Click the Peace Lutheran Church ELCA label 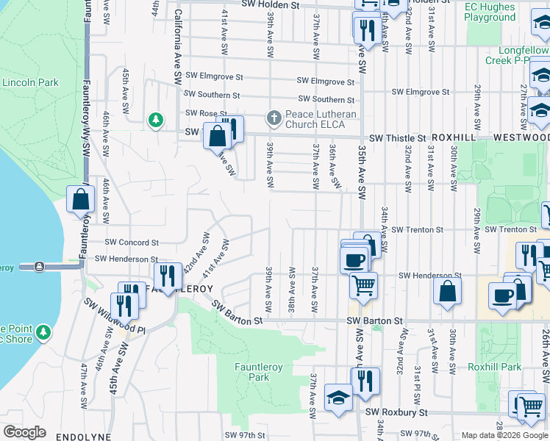point(321,120)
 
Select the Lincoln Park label point(30,83)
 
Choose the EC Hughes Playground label point(490,12)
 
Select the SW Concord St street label point(132,242)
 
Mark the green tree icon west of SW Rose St point(155,119)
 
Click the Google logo point(24,432)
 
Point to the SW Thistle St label point(397,138)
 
